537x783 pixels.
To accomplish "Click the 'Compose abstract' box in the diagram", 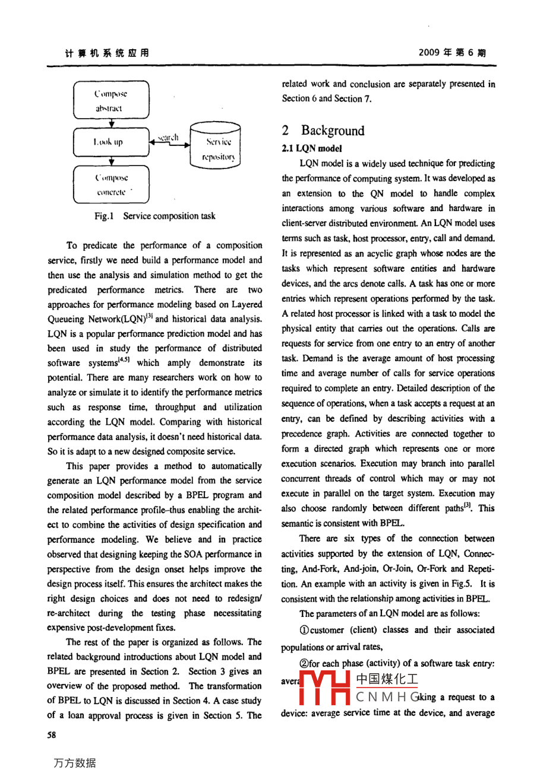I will click(x=111, y=101).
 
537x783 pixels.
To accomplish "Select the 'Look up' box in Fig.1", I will click(x=111, y=142).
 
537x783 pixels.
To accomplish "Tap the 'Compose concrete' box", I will click(x=111, y=184).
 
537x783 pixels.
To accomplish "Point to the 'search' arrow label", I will click(x=168, y=137).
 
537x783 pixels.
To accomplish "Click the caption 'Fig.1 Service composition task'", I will click(x=154, y=216).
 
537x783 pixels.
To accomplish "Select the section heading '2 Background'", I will click(x=323, y=130).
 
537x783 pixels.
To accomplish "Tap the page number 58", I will click(x=52, y=735).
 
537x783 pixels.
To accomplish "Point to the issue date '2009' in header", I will click(x=429, y=52).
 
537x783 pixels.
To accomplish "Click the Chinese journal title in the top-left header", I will click(x=107, y=53).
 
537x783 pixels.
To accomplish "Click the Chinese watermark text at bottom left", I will click(x=74, y=763).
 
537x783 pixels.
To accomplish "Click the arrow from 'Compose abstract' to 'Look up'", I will click(x=112, y=123).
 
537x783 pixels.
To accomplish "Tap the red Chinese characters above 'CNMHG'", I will click(x=387, y=679).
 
